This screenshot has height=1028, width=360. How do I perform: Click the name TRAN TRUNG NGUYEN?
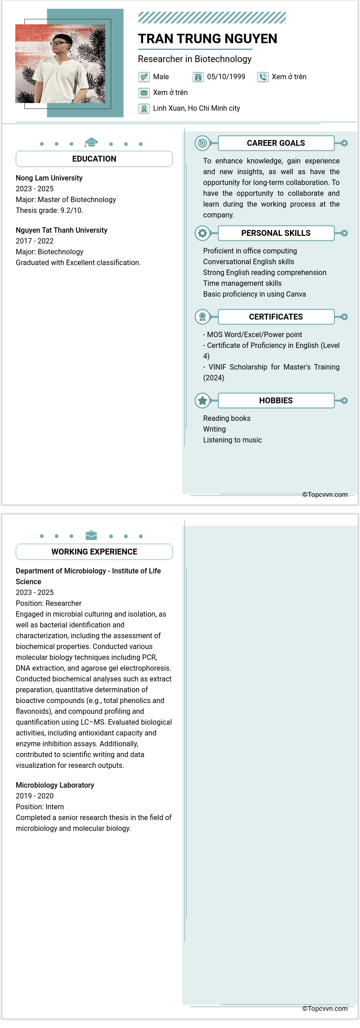tap(207, 39)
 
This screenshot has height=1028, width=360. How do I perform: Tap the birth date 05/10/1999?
tap(226, 77)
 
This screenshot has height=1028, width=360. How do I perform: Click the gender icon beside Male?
tap(144, 77)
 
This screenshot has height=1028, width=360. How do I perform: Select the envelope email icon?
tap(144, 93)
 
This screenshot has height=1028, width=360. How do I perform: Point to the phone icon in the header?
tap(263, 77)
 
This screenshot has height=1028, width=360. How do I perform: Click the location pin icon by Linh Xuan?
tap(144, 108)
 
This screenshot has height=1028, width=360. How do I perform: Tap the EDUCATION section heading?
tap(94, 159)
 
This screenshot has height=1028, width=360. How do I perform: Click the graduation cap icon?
tap(91, 143)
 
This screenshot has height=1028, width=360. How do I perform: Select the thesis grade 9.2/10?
tap(72, 211)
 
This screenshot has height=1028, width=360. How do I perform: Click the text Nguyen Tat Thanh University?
tap(62, 230)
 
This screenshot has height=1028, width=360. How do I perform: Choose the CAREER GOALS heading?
tap(276, 143)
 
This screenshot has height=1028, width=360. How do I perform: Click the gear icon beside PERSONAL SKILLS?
tap(202, 233)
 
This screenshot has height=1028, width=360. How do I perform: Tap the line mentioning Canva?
tap(254, 294)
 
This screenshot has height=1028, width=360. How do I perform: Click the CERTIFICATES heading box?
tap(276, 317)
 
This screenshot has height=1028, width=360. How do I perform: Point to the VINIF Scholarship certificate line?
tap(271, 367)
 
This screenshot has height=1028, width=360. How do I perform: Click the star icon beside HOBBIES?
tap(202, 401)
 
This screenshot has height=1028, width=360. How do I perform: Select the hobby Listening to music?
tap(232, 440)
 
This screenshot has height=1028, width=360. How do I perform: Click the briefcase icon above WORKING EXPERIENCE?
tap(91, 535)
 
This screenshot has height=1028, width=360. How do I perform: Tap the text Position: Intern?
tap(40, 807)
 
